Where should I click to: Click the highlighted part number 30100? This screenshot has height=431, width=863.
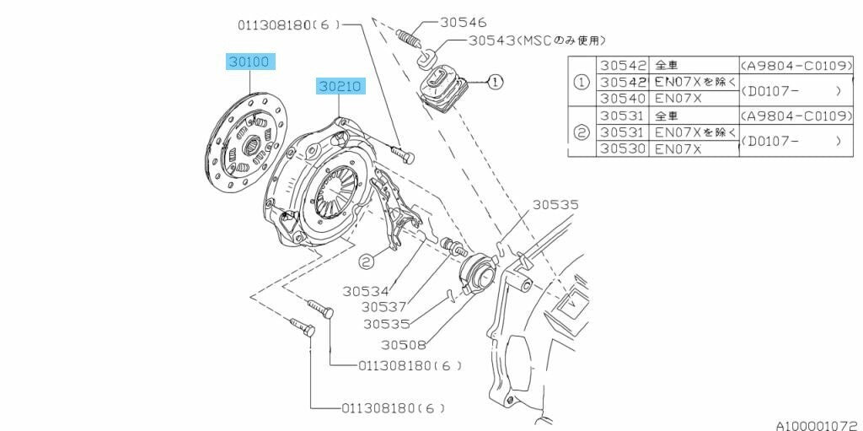click(x=250, y=62)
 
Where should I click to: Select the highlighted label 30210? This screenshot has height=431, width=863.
click(x=340, y=87)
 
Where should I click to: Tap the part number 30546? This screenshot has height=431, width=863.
click(x=463, y=22)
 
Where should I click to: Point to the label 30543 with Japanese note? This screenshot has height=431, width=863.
click(x=537, y=40)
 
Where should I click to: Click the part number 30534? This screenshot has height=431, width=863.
click(x=366, y=291)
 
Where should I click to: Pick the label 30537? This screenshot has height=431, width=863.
click(x=383, y=307)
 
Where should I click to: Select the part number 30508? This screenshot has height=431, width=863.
click(x=404, y=345)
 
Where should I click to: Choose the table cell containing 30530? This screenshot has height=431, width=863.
click(x=623, y=148)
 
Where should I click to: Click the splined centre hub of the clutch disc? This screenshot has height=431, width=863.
click(x=254, y=146)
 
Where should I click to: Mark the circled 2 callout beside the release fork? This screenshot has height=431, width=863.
click(x=367, y=261)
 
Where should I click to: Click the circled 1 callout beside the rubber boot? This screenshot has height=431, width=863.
click(x=496, y=82)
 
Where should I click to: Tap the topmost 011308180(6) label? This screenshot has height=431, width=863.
click(x=290, y=25)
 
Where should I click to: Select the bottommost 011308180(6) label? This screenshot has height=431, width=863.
click(x=393, y=408)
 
